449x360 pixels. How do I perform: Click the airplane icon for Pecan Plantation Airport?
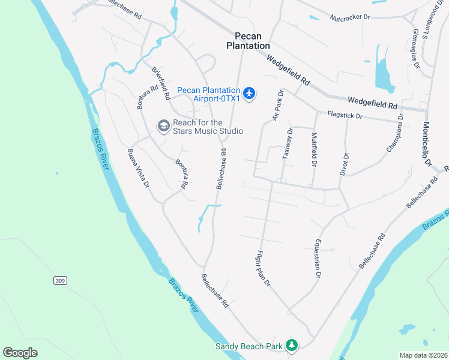[250, 94]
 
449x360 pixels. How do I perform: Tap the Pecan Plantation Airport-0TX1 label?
[209, 94]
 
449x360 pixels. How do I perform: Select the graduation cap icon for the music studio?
[163, 126]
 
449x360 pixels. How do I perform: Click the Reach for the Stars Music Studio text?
[208, 127]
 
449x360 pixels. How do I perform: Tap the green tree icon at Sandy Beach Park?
[291, 345]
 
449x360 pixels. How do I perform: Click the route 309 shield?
[59, 280]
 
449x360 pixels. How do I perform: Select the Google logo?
[20, 353]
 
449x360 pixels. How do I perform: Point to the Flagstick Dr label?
[345, 115]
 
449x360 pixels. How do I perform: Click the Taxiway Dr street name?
[287, 143]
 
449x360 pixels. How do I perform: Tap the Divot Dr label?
[345, 164]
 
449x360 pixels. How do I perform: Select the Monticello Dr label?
[427, 145]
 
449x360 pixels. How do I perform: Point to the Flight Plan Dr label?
[265, 268]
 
